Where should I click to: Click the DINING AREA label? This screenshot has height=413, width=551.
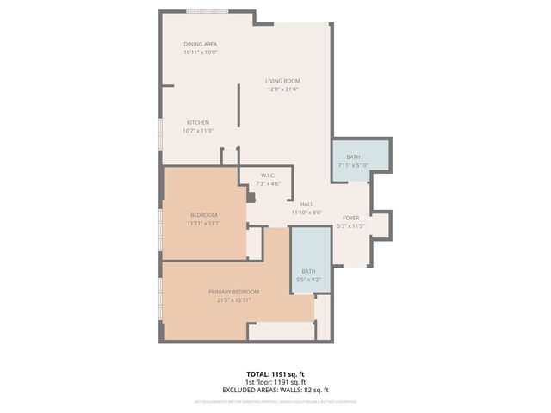(x=200, y=44)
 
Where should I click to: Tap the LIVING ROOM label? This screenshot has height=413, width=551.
(x=282, y=81)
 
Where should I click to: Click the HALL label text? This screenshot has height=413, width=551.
(x=306, y=204)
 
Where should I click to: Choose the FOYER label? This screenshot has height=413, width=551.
(x=350, y=219)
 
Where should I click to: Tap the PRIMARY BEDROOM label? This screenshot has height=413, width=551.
(x=233, y=292)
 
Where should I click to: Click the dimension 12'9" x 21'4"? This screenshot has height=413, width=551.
(x=282, y=89)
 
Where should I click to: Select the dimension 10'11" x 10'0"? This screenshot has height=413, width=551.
(x=200, y=52)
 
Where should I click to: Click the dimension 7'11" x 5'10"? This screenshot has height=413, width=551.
(x=353, y=164)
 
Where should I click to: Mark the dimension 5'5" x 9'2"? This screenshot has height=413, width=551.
(x=308, y=279)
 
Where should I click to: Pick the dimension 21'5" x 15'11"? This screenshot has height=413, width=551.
(x=233, y=300)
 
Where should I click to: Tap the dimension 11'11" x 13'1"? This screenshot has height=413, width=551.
(x=203, y=223)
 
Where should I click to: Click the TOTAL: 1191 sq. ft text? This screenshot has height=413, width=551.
(x=275, y=374)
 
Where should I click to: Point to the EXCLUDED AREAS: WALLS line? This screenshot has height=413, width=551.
(x=275, y=390)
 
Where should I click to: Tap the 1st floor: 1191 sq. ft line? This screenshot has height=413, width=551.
(x=275, y=382)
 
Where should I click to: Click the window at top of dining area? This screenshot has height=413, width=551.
(x=207, y=11)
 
